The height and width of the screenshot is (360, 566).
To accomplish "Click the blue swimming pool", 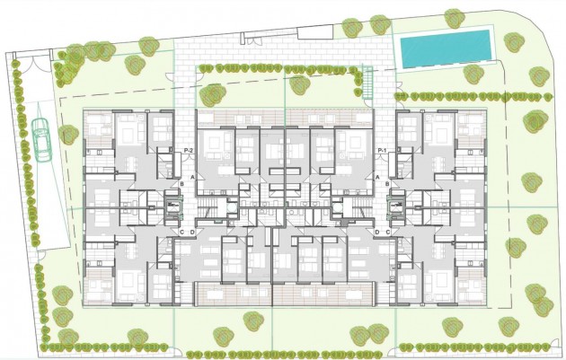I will (446, 48).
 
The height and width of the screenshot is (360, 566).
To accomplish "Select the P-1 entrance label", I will (382, 149).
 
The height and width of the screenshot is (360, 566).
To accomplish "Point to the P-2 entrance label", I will (189, 149).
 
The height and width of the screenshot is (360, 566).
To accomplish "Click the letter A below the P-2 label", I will (190, 177).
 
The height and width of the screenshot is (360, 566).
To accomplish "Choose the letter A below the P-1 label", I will (377, 177).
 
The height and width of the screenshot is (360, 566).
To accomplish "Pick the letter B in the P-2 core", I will (181, 185).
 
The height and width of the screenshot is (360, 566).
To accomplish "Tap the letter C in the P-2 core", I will (181, 233).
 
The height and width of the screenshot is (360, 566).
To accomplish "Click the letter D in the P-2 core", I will (192, 233).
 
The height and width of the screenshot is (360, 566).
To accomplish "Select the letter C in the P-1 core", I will (387, 233).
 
